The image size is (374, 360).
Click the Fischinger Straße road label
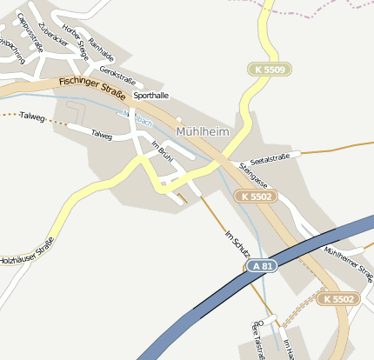[x=93, y=87]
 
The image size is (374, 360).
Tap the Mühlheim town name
[x=204, y=132]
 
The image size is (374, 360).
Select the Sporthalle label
[x=150, y=96]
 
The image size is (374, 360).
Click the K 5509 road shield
[x=268, y=69]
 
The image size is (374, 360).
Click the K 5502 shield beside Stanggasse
[x=254, y=197]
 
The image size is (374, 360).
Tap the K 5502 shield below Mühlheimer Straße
[x=336, y=298]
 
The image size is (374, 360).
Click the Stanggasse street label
[x=252, y=177]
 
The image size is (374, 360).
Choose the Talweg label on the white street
[x=102, y=135]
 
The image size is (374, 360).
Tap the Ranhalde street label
[x=101, y=52]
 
